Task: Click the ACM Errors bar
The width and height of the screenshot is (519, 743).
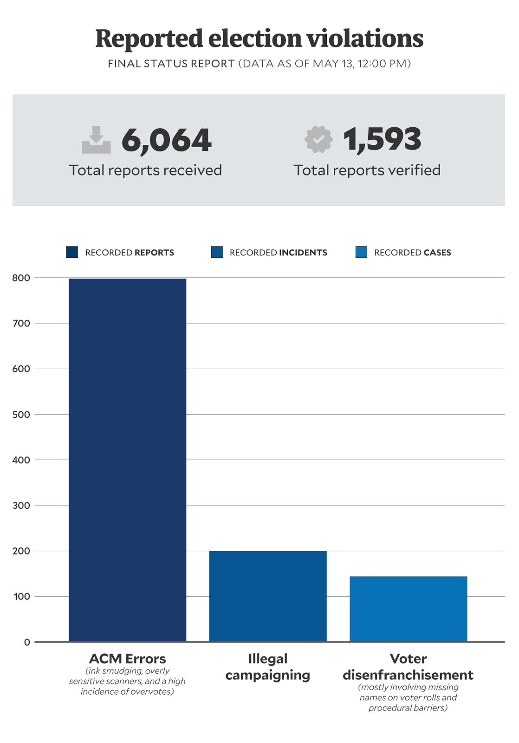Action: point(127,460)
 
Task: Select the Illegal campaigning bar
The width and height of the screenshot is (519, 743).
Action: point(268,596)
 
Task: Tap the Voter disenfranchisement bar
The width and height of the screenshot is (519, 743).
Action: point(408,609)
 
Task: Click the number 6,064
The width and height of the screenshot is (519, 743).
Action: point(166,140)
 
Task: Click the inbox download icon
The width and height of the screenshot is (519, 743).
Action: point(96,140)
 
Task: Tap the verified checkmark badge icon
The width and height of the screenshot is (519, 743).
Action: point(318,140)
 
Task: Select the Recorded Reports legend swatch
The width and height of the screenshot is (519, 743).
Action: point(72,252)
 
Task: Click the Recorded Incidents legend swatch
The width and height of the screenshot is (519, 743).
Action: point(217,252)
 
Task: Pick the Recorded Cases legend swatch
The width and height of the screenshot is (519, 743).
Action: point(361,252)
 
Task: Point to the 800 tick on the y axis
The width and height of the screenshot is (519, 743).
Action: point(21,278)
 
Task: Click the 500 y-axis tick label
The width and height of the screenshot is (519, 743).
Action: point(21,415)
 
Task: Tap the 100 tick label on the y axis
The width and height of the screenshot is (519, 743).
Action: point(21,597)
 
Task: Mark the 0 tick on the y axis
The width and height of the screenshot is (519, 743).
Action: point(27,642)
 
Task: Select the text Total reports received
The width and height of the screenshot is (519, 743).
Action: point(145,170)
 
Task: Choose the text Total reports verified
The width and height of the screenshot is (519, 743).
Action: point(367,170)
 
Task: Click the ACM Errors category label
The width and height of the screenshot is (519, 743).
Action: point(127,658)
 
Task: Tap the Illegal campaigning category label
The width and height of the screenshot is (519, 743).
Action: point(268,667)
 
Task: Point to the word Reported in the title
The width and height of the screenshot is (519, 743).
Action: point(149,39)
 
